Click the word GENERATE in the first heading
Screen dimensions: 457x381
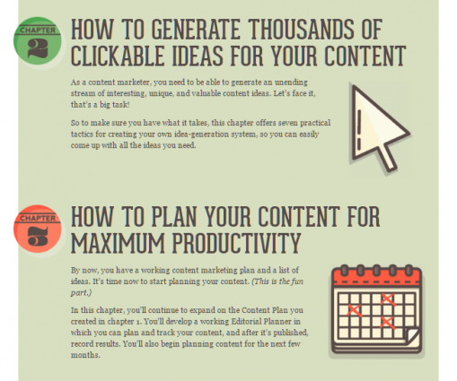coord(196,30)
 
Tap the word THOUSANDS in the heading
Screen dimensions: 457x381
coord(300,30)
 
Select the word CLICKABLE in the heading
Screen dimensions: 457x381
coord(118,56)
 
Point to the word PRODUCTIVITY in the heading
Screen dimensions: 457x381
coord(236,243)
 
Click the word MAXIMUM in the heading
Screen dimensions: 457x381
coord(118,243)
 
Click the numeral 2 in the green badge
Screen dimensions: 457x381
coord(38,48)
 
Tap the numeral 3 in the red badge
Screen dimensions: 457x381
coord(38,236)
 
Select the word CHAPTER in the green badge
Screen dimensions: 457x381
coord(38,30)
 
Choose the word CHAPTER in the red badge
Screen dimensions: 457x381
coord(38,218)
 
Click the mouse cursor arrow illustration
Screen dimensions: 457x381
coord(378,128)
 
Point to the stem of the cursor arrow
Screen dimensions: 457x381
coord(388,157)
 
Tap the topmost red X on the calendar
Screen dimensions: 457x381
coord(388,299)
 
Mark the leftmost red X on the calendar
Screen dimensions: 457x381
coord(355,310)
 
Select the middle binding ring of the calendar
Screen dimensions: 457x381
coord(377,270)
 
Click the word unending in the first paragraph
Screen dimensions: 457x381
coord(291,82)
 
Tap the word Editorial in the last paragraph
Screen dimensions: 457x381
coord(246,322)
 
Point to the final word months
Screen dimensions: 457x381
coord(85,355)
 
